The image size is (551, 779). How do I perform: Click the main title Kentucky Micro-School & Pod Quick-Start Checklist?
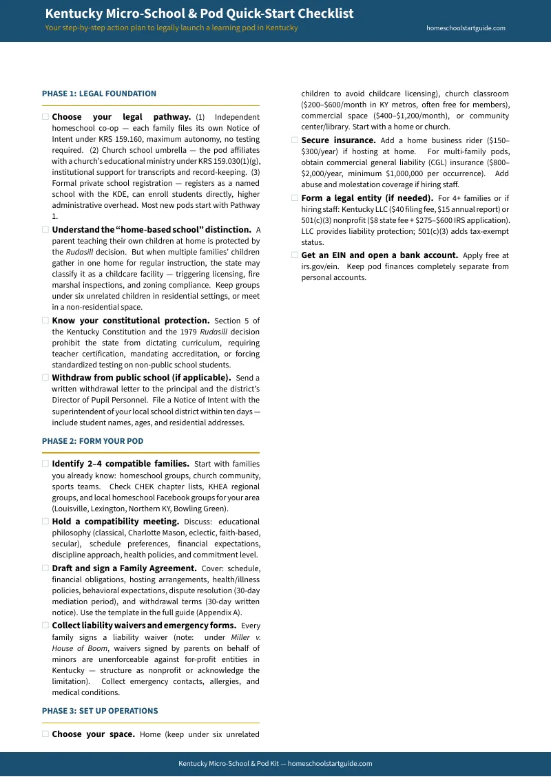pos(199,14)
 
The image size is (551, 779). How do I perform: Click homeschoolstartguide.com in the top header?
pos(466,28)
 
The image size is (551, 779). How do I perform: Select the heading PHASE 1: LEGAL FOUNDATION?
pos(99,94)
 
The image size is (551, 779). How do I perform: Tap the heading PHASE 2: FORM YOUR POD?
pos(92,441)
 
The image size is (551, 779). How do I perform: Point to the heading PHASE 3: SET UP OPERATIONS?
pos(100,711)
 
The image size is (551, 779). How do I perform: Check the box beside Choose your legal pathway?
pos(45,117)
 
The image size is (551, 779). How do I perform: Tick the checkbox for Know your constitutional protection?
pos(45,321)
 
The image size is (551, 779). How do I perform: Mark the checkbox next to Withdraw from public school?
pos(45,378)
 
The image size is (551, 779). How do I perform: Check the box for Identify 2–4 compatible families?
pos(45,464)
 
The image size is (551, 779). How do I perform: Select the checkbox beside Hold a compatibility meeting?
pos(45,522)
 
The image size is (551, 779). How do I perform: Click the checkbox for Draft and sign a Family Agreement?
pos(45,568)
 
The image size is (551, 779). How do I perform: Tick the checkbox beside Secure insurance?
pos(295,140)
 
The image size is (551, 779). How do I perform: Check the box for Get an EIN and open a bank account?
pos(295,255)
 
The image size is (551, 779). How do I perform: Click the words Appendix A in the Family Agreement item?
pos(221,612)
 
